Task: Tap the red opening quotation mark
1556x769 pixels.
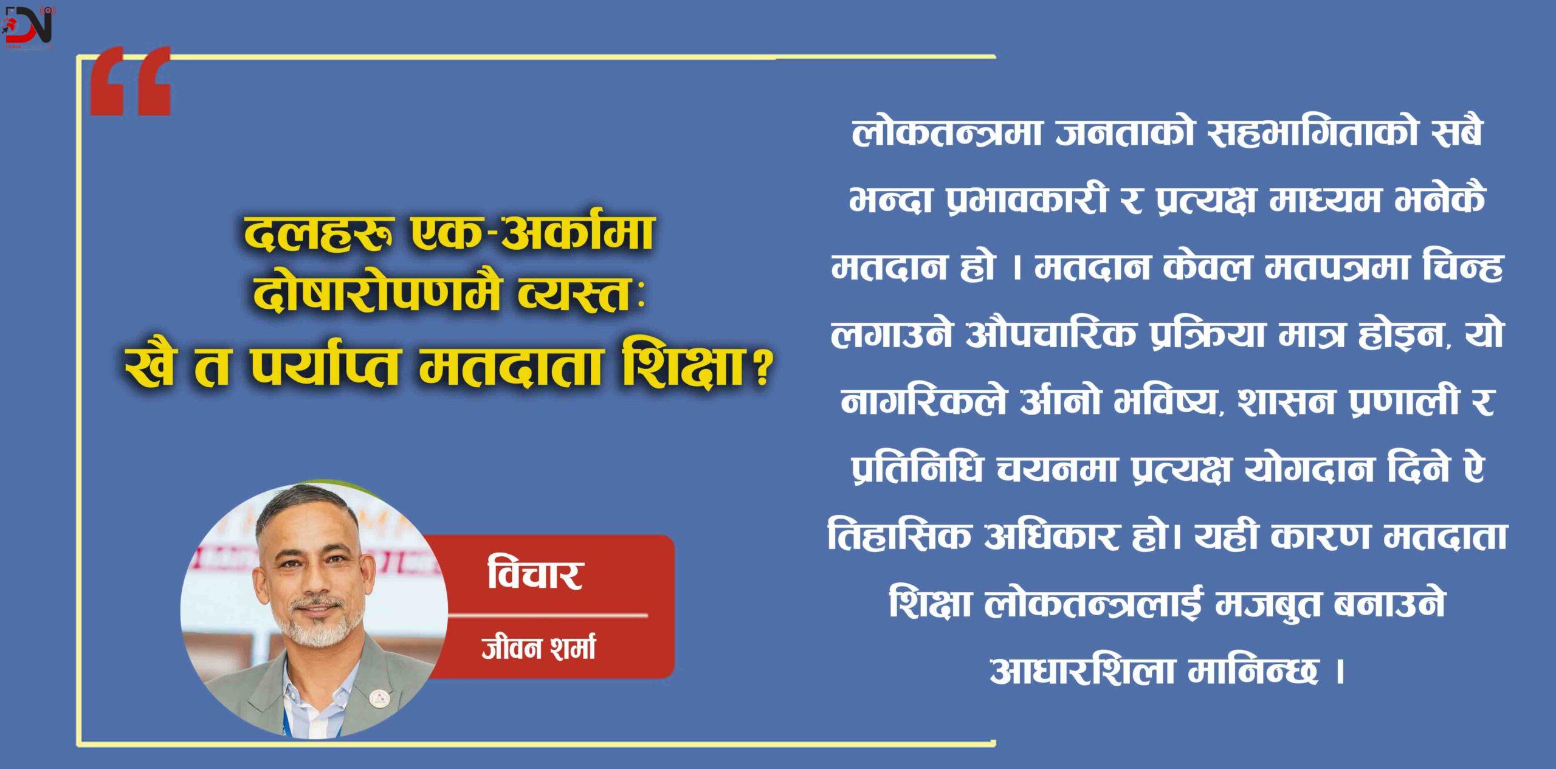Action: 130,83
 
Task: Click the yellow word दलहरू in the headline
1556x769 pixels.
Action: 316,233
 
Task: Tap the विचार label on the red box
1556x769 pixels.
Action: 535,574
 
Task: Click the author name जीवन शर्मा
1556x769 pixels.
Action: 538,648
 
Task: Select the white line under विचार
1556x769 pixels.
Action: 547,615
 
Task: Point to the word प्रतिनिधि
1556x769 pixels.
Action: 917,469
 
